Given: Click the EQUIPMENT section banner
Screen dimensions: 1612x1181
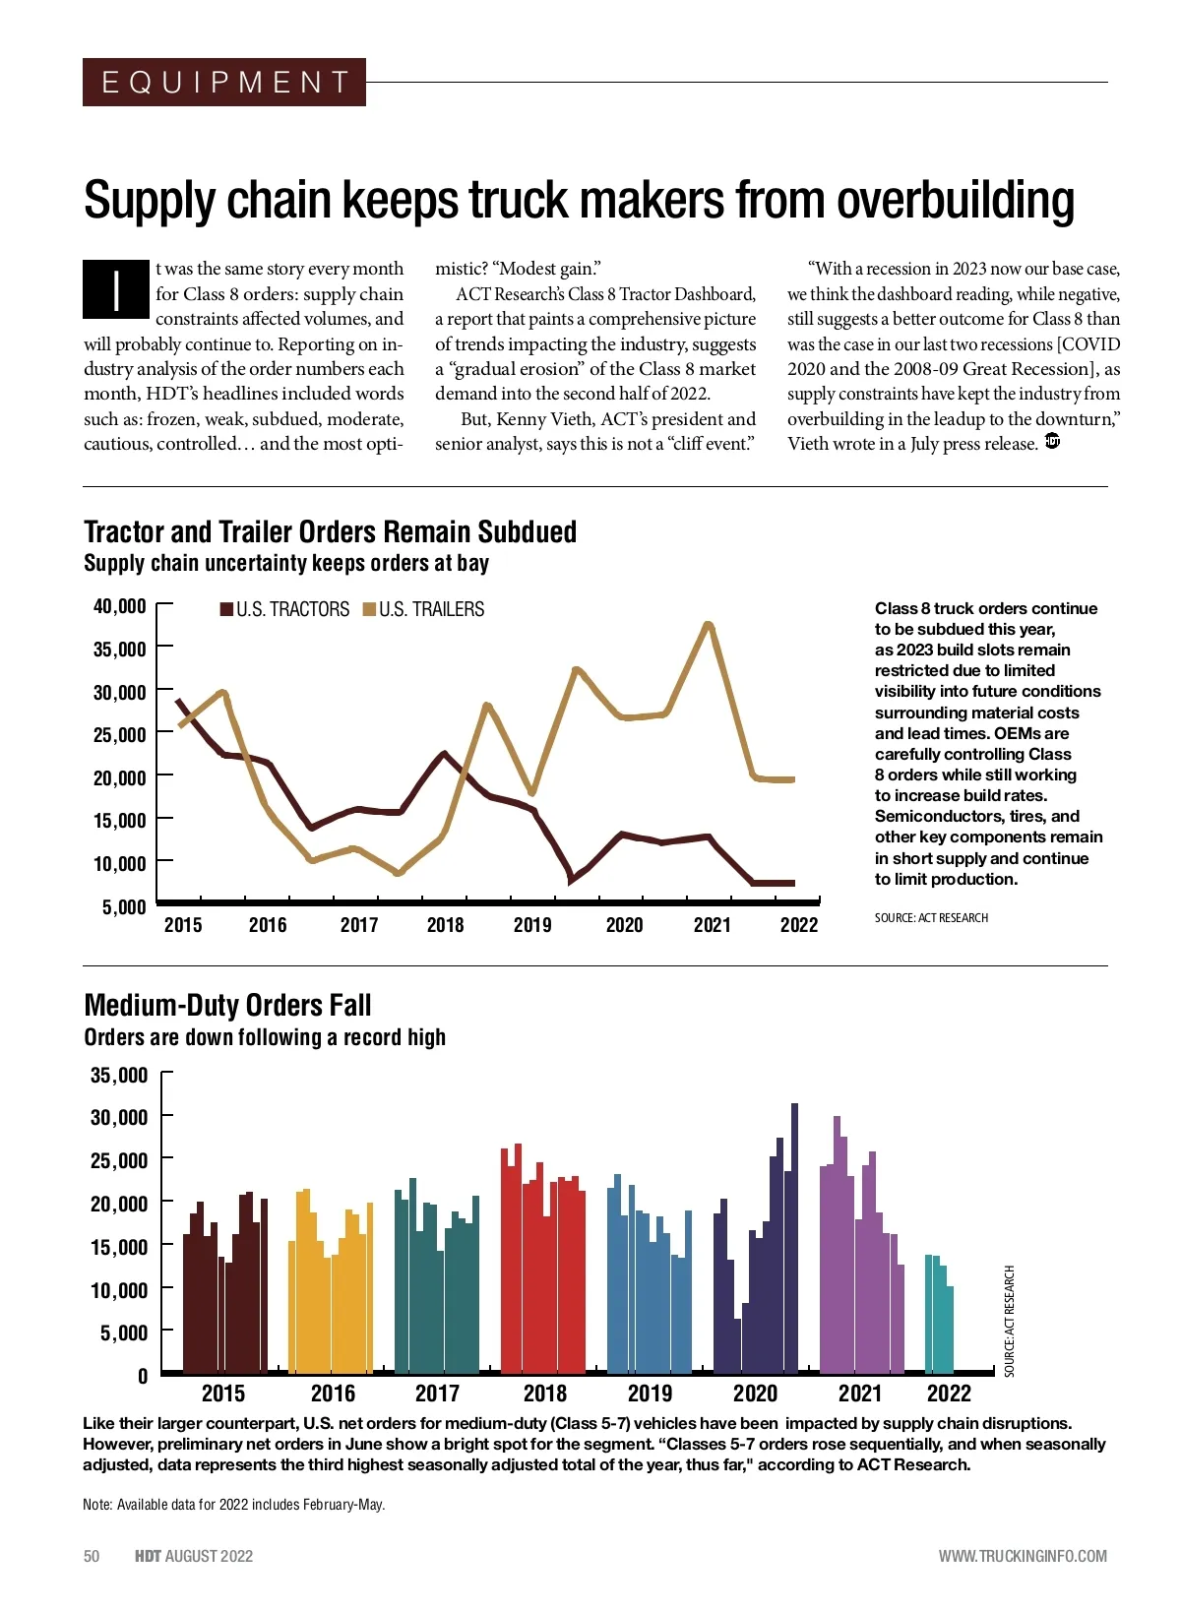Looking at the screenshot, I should (x=224, y=82).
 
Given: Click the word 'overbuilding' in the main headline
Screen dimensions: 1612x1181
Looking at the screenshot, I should (x=955, y=200).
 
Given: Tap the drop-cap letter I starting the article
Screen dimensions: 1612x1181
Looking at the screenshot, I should (x=116, y=289).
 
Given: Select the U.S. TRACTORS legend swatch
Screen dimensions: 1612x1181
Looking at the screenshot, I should (x=226, y=609).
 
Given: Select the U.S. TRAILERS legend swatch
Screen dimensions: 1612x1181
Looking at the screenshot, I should (x=370, y=609).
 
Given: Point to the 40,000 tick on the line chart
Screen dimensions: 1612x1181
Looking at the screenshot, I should (x=120, y=606).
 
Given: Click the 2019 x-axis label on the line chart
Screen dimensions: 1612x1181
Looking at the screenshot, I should (x=532, y=925).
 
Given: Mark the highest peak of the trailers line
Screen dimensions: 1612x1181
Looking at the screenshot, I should (x=709, y=625).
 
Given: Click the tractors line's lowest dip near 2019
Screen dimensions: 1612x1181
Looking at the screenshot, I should (x=571, y=879).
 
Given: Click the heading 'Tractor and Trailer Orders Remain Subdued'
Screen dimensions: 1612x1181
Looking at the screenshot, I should (x=330, y=531).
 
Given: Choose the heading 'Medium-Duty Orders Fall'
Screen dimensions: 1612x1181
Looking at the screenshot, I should (x=227, y=1005).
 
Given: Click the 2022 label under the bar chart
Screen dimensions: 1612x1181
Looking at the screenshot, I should (x=949, y=1394).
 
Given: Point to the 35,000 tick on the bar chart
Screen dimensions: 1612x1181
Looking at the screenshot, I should (x=119, y=1075).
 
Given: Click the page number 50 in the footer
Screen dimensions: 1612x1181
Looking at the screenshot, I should (x=92, y=1556).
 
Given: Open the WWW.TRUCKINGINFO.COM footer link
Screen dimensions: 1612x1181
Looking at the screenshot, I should (x=1023, y=1556).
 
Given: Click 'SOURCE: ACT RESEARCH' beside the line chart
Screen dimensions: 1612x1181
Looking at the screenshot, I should (x=931, y=918).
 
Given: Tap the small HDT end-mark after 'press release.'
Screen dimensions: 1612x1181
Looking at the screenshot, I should (x=1052, y=442).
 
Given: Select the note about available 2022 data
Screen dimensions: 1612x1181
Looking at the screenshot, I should (x=233, y=1504).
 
